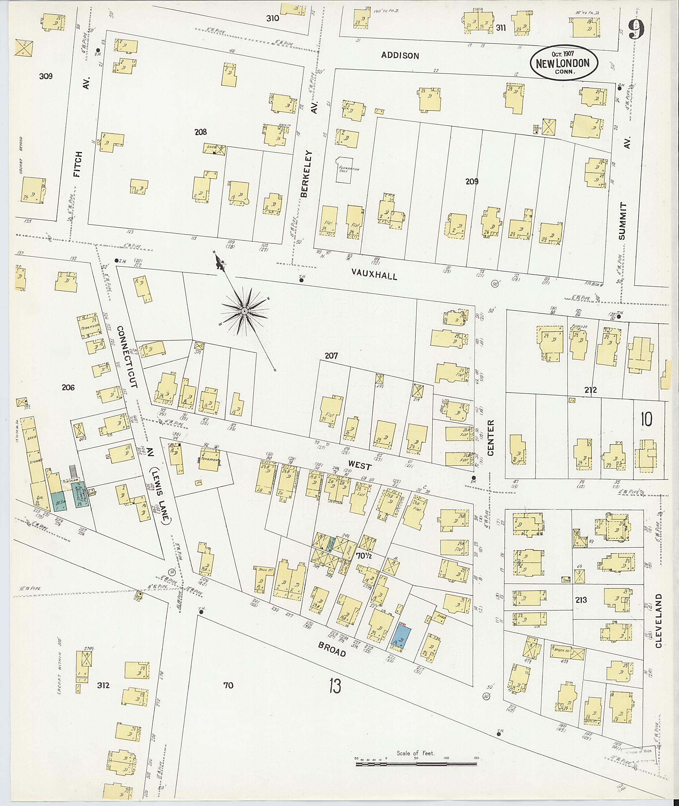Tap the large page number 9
tap(636, 29)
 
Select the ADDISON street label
tap(400, 55)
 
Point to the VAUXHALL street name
tap(374, 274)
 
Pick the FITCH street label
tap(78, 164)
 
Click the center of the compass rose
tap(244, 311)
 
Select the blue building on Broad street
tap(402, 638)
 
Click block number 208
tap(201, 132)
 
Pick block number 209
tap(471, 182)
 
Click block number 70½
tap(363, 555)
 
